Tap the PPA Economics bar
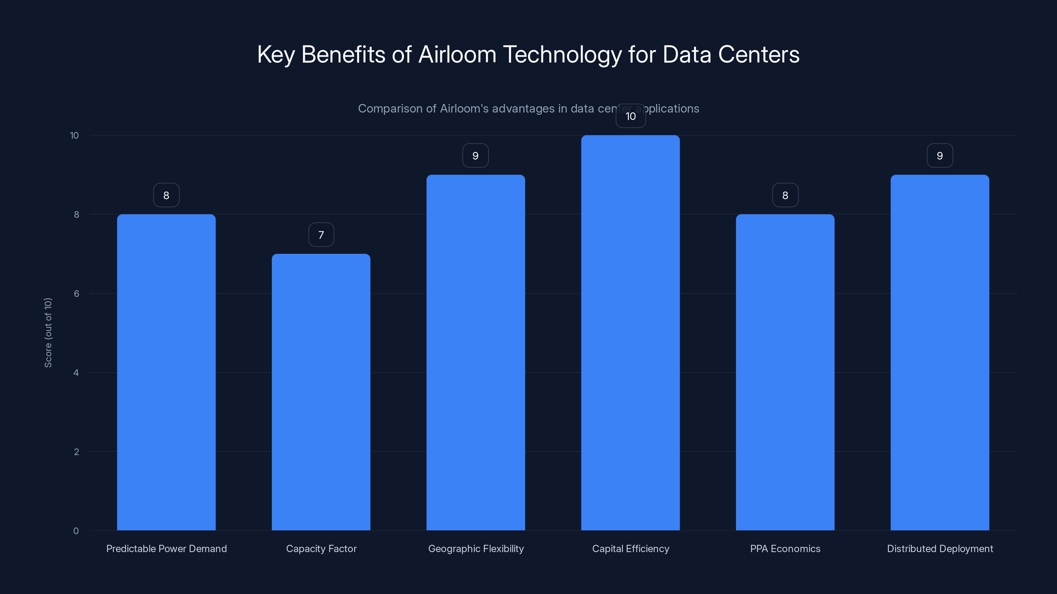(785, 372)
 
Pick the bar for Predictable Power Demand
(166, 372)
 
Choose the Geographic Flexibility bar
(476, 352)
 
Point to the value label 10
(631, 116)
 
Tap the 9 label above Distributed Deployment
(940, 156)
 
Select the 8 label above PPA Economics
(785, 196)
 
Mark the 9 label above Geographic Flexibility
(476, 156)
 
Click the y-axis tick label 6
(76, 293)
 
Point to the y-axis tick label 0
(76, 531)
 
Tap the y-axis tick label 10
(74, 135)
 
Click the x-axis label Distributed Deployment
(940, 548)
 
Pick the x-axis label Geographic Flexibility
(476, 548)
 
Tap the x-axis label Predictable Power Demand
(166, 548)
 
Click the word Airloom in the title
(457, 54)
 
